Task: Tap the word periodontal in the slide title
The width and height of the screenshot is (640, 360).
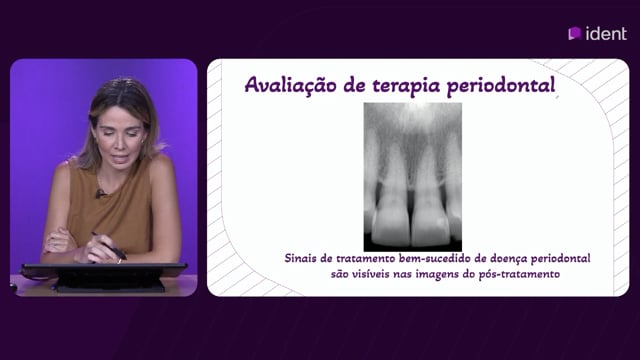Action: (x=501, y=86)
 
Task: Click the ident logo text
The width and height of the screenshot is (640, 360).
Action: (x=606, y=33)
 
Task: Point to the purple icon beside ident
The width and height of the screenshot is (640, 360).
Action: (x=575, y=33)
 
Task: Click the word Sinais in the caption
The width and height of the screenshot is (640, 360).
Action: (x=300, y=258)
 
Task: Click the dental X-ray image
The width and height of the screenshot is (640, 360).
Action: (x=413, y=177)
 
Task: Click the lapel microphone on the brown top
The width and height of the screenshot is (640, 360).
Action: (x=99, y=193)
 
